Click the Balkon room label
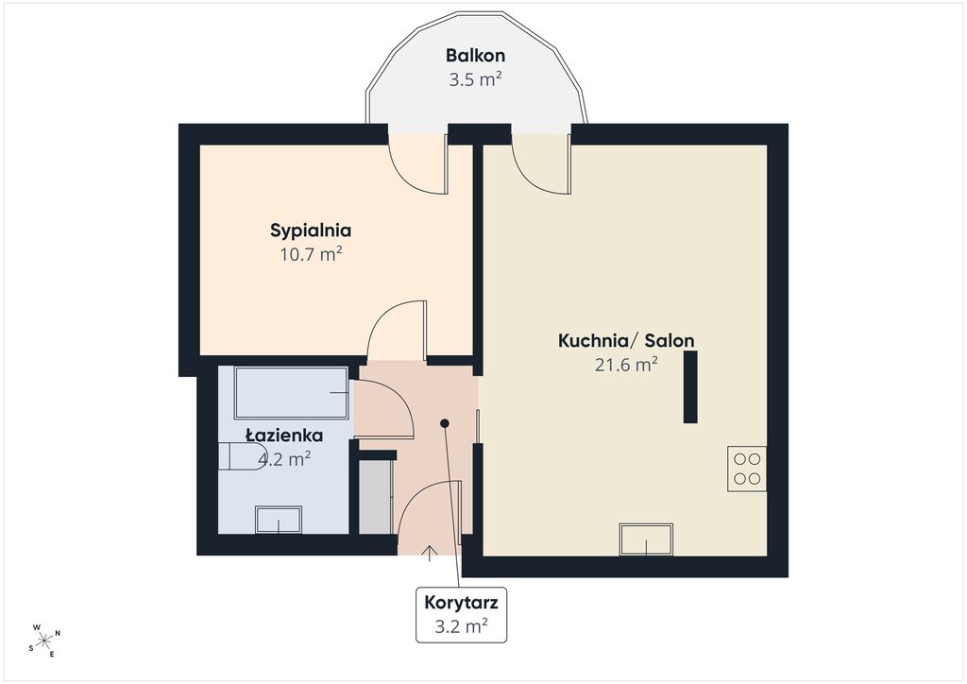click(x=476, y=56)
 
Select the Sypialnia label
click(x=311, y=231)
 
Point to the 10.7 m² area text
click(x=312, y=254)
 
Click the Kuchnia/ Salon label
click(x=626, y=340)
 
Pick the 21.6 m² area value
click(x=626, y=365)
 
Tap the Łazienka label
click(x=284, y=436)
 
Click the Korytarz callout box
click(x=461, y=615)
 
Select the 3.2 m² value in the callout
click(x=461, y=626)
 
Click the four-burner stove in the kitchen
click(x=747, y=469)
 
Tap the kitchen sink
click(x=646, y=539)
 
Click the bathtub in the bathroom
click(x=292, y=393)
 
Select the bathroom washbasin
click(x=279, y=520)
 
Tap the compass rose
click(x=45, y=641)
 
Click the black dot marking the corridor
click(x=445, y=423)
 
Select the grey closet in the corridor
click(x=376, y=497)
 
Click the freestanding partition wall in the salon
click(x=690, y=386)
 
